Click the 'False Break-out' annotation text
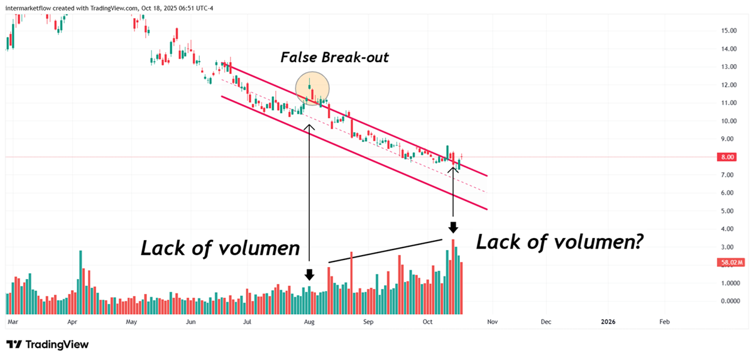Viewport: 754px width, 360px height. click(x=334, y=58)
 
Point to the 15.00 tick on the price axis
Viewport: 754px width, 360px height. click(x=729, y=30)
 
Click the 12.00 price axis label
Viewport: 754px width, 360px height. click(x=729, y=85)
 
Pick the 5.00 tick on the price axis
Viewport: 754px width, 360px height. click(x=729, y=211)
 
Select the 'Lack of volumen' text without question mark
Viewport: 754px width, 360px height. click(x=220, y=248)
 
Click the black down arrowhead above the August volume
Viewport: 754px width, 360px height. click(x=309, y=275)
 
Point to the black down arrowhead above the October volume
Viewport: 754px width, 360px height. click(x=453, y=227)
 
